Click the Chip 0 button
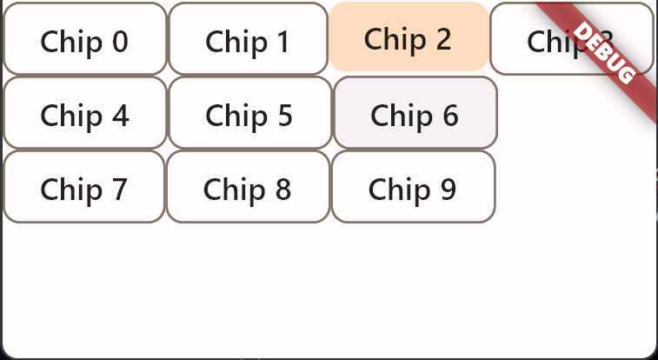click(84, 39)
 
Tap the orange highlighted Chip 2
click(408, 37)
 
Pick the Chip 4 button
click(84, 113)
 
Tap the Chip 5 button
click(249, 113)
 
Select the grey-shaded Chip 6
click(415, 113)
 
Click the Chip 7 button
click(83, 187)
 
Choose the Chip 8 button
click(248, 187)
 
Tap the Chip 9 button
click(413, 187)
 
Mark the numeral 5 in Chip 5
click(284, 115)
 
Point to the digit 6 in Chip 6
click(449, 115)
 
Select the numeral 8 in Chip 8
click(282, 189)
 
